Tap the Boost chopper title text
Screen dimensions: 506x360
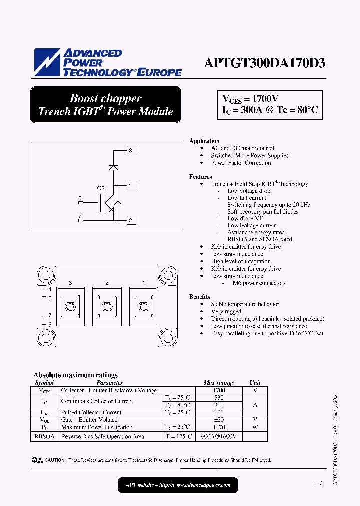[105, 98]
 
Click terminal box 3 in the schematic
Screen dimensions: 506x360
[130, 150]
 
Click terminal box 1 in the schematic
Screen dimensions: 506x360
[130, 186]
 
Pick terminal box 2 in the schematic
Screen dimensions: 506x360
[130, 220]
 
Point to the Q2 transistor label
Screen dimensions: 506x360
[100, 188]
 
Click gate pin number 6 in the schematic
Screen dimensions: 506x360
[80, 199]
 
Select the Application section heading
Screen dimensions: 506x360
[204, 141]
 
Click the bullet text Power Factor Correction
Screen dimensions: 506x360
[241, 163]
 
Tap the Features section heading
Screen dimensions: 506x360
[200, 177]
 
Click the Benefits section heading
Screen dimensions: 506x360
[199, 297]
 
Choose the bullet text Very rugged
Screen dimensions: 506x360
[226, 311]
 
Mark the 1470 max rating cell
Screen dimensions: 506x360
[219, 427]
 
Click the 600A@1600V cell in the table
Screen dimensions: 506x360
[219, 436]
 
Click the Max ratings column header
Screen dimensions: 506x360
[219, 383]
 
